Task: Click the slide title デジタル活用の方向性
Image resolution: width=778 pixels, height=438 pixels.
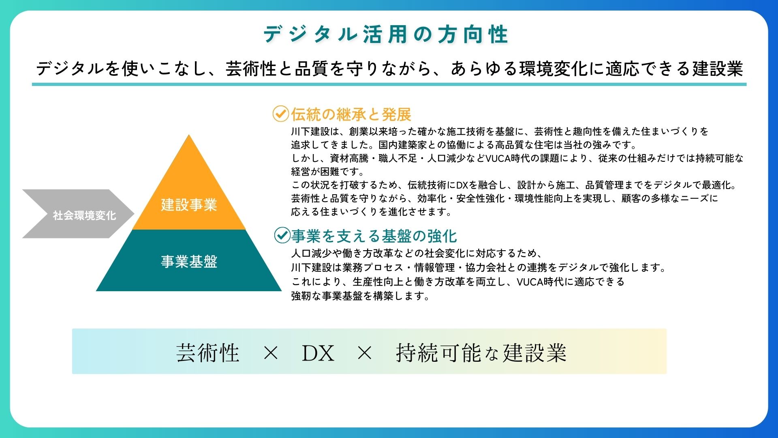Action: coord(386,34)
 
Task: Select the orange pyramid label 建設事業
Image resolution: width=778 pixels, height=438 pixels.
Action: coord(189,205)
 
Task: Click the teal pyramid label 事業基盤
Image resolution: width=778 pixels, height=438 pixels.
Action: coord(189,262)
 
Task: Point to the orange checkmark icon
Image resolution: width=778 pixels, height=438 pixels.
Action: coord(280,114)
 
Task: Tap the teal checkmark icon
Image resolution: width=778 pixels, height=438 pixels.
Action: coord(282,235)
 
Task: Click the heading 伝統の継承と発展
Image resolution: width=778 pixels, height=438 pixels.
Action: coord(351,114)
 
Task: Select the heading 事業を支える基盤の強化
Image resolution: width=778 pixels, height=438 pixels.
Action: coord(374,236)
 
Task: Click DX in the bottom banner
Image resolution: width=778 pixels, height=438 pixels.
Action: coord(318,353)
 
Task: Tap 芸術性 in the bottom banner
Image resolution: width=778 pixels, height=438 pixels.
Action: coord(208,352)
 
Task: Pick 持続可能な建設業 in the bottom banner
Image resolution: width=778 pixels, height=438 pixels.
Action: coord(481,352)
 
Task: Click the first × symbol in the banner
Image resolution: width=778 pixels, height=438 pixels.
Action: coord(271,353)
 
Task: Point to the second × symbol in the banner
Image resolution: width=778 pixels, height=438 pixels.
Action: coord(365,353)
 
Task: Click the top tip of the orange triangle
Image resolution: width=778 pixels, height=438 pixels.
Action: coord(189,135)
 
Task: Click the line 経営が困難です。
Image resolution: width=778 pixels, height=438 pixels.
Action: coord(328,172)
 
